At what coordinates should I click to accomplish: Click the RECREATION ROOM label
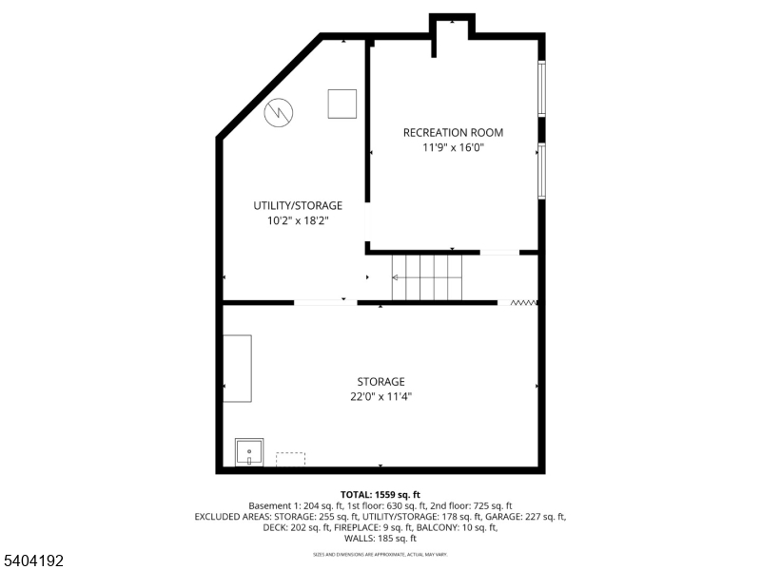pyautogui.click(x=453, y=132)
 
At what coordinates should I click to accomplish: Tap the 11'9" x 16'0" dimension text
pyautogui.click(x=453, y=147)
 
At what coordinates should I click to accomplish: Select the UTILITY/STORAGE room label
pyautogui.click(x=298, y=205)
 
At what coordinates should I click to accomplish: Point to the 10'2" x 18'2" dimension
pyautogui.click(x=298, y=220)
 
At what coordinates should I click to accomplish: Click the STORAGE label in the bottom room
pyautogui.click(x=380, y=382)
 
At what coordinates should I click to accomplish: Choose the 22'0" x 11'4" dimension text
pyautogui.click(x=380, y=397)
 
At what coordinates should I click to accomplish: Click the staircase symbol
pyautogui.click(x=427, y=277)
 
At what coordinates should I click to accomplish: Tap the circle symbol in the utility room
pyautogui.click(x=278, y=111)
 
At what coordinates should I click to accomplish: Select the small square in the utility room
pyautogui.click(x=341, y=104)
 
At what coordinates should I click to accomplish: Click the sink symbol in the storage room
pyautogui.click(x=249, y=452)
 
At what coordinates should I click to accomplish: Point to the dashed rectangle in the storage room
pyautogui.click(x=290, y=459)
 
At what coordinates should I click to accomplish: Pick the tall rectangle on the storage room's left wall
pyautogui.click(x=238, y=367)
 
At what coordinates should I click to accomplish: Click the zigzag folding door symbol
pyautogui.click(x=524, y=303)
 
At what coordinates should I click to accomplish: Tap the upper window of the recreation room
pyautogui.click(x=541, y=88)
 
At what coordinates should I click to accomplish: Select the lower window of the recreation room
pyautogui.click(x=541, y=170)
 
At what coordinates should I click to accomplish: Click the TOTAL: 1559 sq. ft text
pyautogui.click(x=380, y=493)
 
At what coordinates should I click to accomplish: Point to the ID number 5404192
pyautogui.click(x=33, y=561)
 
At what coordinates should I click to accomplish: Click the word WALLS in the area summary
pyautogui.click(x=362, y=539)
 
